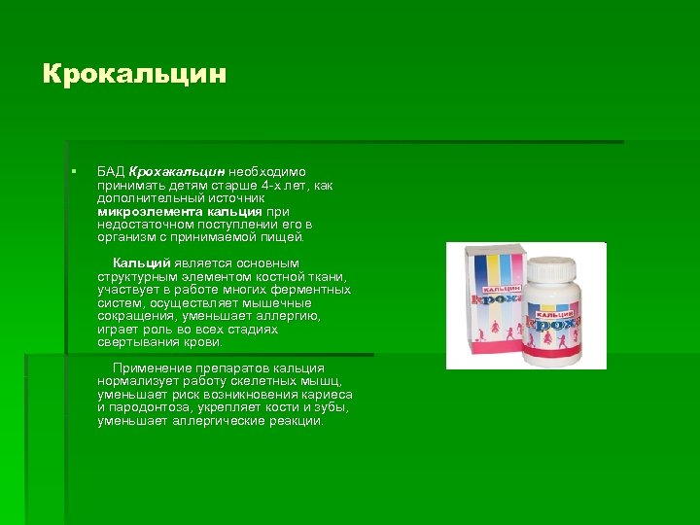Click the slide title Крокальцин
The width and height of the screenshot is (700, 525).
[135, 74]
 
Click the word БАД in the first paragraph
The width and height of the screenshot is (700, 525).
[111, 172]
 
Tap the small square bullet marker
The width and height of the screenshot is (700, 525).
[72, 172]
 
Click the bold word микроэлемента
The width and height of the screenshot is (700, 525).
[146, 211]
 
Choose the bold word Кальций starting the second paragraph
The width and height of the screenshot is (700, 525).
[141, 263]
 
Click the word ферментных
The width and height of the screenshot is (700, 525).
[310, 290]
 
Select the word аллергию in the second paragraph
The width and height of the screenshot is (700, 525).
[288, 316]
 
